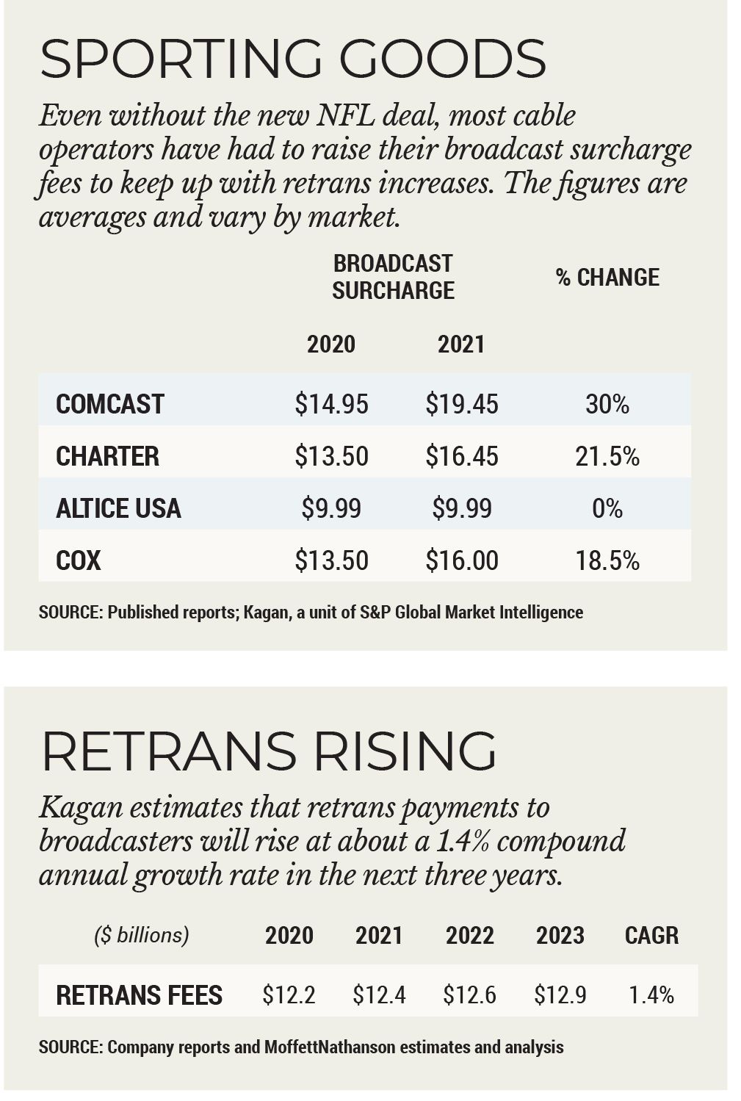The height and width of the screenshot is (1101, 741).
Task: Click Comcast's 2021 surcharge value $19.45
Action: click(x=461, y=404)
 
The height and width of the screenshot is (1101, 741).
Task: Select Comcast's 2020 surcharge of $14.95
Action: click(x=331, y=404)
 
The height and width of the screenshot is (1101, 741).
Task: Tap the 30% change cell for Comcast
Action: click(x=607, y=404)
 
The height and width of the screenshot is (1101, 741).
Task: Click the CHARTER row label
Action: click(x=107, y=456)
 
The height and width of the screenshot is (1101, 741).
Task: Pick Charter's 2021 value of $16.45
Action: click(x=461, y=456)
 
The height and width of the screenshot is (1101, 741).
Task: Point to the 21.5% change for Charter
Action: click(x=607, y=456)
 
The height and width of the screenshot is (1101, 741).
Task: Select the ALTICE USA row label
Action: click(x=118, y=508)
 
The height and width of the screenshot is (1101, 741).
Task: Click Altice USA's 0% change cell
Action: click(x=607, y=508)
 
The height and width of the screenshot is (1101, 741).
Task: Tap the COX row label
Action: click(x=78, y=560)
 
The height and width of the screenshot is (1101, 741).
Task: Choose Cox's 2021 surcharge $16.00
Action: click(x=461, y=560)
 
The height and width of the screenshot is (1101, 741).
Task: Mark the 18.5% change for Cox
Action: click(x=607, y=560)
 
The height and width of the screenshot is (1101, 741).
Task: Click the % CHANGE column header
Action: click(x=607, y=277)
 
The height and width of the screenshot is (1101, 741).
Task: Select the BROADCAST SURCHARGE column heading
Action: click(x=393, y=277)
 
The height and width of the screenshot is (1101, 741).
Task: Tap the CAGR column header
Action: click(x=651, y=935)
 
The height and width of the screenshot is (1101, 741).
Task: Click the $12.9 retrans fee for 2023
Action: click(x=560, y=995)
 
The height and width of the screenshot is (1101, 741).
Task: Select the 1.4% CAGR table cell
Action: click(x=651, y=995)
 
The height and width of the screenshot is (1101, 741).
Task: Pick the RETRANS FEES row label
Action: click(x=139, y=995)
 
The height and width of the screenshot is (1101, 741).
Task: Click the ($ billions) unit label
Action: click(x=141, y=935)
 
